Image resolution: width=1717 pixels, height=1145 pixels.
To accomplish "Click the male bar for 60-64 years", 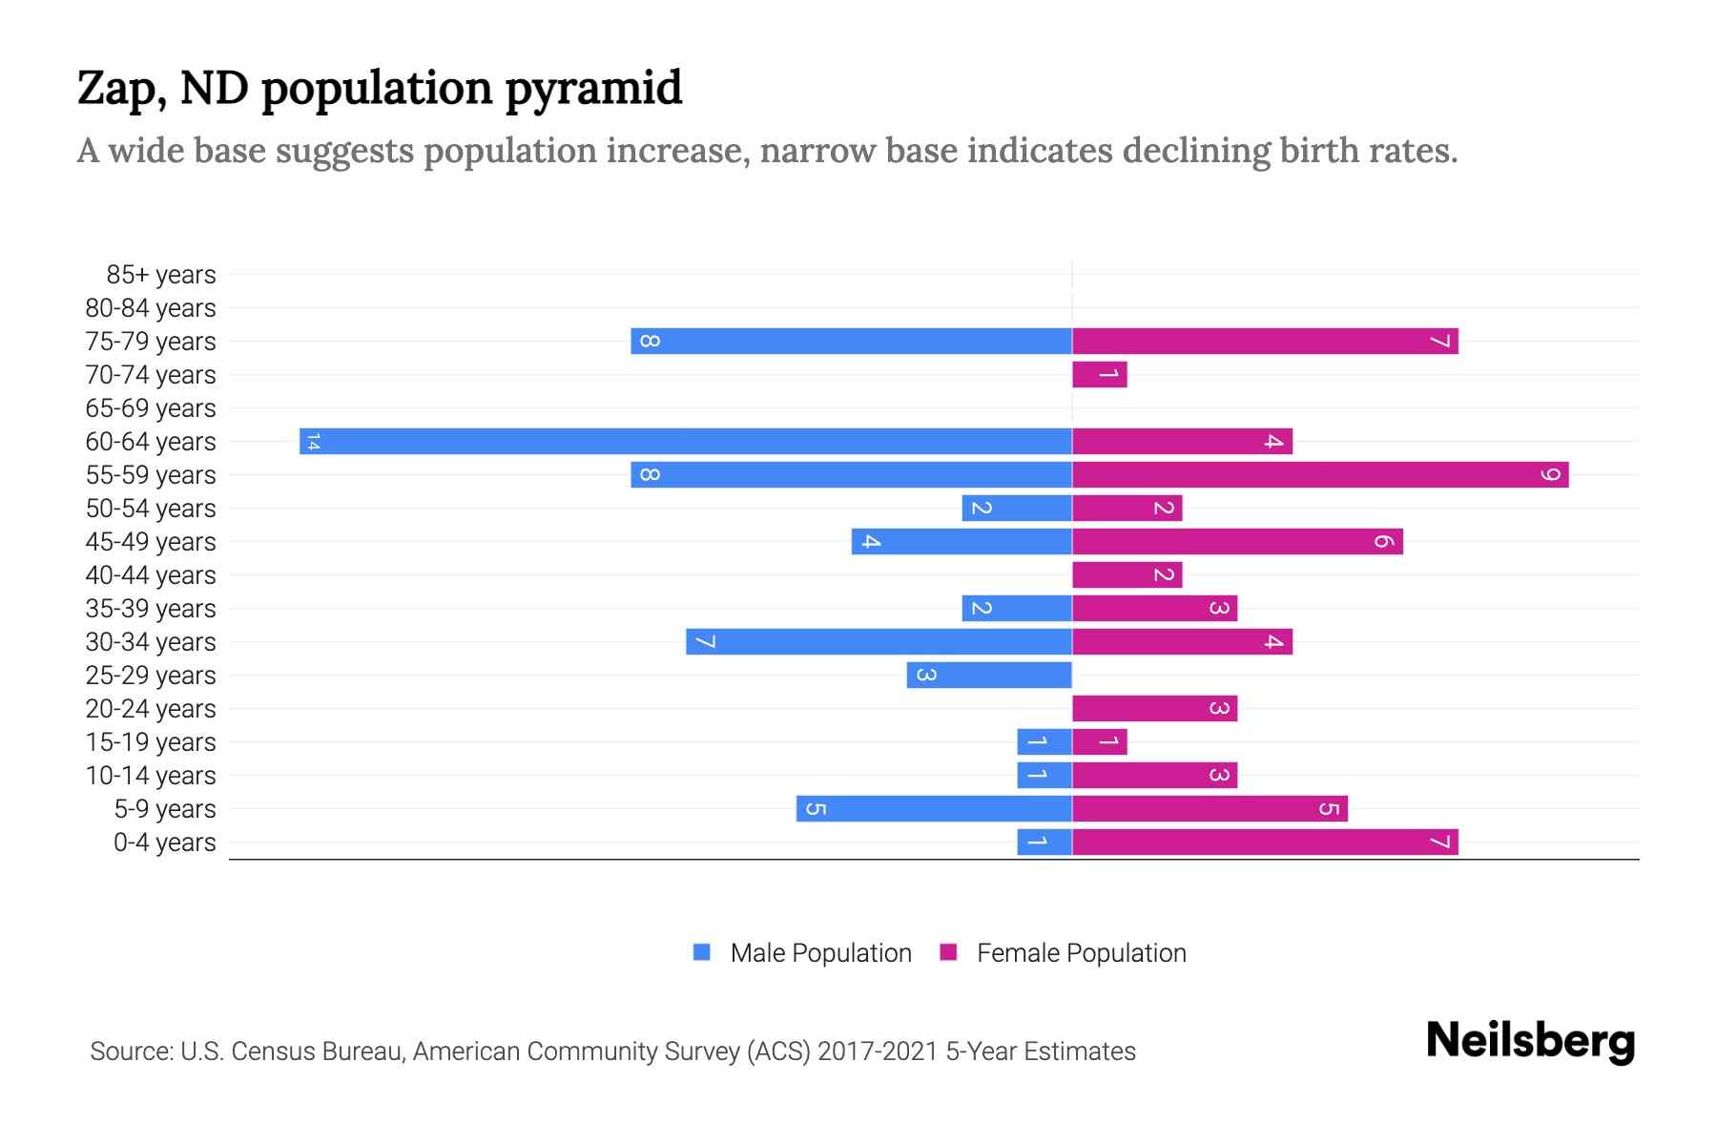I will click(686, 442).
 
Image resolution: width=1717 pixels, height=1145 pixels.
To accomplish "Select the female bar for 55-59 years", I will click(1320, 475).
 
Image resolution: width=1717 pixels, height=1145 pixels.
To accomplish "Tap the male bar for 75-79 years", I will click(851, 342).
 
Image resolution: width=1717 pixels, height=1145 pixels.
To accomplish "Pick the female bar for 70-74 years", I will click(1100, 375).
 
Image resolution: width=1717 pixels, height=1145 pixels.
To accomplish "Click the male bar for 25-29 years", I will click(989, 676).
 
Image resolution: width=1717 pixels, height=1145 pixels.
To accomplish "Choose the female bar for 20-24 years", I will click(1154, 709).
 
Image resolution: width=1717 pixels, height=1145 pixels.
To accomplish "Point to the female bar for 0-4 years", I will click(1265, 843).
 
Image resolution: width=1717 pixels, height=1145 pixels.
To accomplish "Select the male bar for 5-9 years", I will click(934, 809).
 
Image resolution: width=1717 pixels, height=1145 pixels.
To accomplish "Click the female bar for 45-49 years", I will click(1237, 542).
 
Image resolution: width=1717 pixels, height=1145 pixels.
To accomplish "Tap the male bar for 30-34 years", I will click(879, 642).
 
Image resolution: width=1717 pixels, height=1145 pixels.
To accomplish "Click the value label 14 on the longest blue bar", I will click(313, 442).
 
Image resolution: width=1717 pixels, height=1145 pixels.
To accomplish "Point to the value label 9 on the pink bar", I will click(1551, 475).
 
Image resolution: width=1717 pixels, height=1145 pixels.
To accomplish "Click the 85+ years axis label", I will click(161, 275).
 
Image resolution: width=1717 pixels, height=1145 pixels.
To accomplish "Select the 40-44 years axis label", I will click(151, 575).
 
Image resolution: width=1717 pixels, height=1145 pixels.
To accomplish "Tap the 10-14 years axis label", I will click(151, 776).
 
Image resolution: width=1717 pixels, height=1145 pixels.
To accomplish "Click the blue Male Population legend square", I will click(702, 952).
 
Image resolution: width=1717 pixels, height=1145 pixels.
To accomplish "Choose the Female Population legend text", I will click(1081, 953).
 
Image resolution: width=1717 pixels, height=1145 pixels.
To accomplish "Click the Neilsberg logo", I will click(1530, 1041).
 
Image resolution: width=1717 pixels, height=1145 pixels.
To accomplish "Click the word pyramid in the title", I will click(593, 89).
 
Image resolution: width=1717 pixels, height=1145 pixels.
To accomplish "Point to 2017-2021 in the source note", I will click(878, 1051).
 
